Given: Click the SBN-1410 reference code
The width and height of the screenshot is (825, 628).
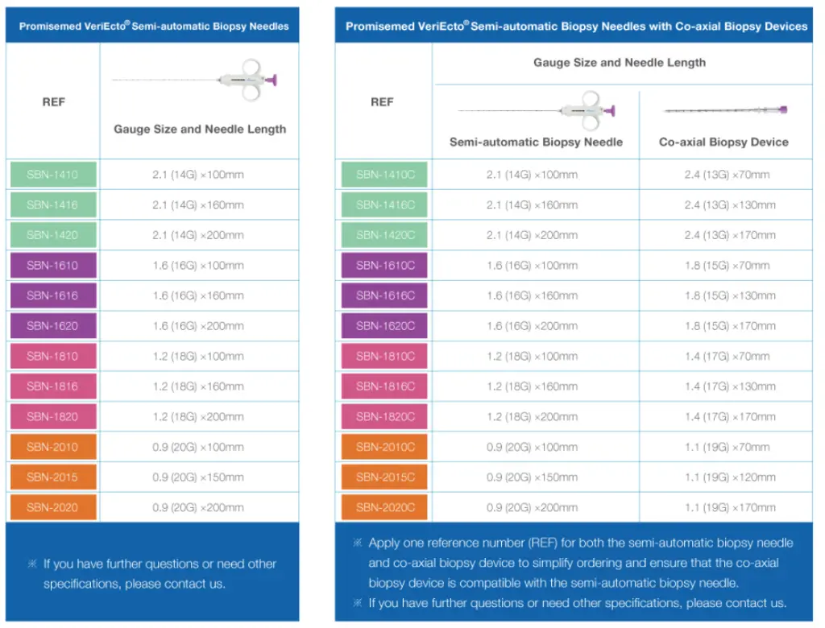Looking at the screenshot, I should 52,175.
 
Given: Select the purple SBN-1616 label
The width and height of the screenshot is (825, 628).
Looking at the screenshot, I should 52,295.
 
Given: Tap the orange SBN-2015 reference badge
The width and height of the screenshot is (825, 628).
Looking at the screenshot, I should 52,477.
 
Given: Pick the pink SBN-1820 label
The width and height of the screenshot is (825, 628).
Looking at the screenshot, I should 52,417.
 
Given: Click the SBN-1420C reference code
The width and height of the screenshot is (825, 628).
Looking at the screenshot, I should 385,235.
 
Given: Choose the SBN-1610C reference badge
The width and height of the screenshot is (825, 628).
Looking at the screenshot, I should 385,266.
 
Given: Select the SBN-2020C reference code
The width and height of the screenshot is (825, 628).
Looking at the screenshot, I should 385,508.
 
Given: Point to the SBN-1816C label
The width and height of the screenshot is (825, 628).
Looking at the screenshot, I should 385,386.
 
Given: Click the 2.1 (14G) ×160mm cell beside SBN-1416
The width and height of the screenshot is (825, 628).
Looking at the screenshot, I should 198,205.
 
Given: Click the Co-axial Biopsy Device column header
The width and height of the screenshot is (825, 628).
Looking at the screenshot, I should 723,143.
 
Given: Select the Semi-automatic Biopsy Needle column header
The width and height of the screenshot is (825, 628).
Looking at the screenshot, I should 536,143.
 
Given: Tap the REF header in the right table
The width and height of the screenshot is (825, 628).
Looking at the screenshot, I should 382,102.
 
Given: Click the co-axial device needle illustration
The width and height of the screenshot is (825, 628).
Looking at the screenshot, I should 726,109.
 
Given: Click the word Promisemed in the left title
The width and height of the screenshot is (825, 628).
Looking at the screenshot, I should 48,27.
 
